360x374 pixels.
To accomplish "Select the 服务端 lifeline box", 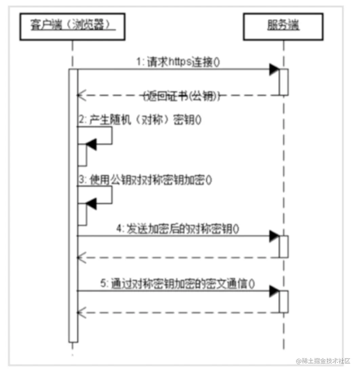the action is [x=283, y=27].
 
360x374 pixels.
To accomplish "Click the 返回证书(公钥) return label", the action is [x=180, y=96].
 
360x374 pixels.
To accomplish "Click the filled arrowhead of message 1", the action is [x=274, y=70].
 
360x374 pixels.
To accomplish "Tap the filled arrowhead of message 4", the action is [x=274, y=236].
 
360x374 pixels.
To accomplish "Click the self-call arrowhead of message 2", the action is [x=92, y=145].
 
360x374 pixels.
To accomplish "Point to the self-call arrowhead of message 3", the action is [x=92, y=204].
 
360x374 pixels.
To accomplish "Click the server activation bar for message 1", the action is [x=284, y=82].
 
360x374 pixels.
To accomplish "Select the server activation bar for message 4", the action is [x=284, y=246].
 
